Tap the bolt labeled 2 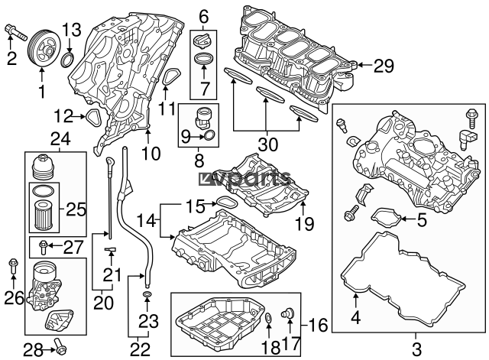(x=15, y=33)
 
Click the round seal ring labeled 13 (x=68, y=60)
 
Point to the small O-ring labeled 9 (x=209, y=135)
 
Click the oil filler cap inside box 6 (x=203, y=42)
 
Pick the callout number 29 (x=384, y=66)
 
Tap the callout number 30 (x=268, y=144)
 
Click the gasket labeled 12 (x=93, y=118)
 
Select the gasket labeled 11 (x=172, y=76)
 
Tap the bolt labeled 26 (x=13, y=265)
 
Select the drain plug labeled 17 (x=287, y=313)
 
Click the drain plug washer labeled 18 (x=268, y=317)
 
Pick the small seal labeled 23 (x=147, y=294)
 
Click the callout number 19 (x=304, y=223)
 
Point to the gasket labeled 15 (x=227, y=203)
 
